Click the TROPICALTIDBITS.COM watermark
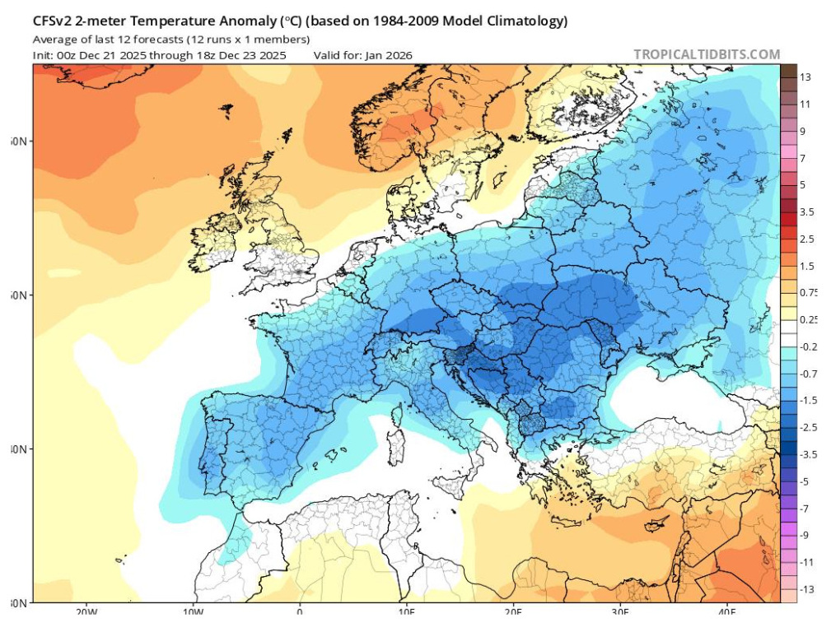(x=707, y=54)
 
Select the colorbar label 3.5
(x=806, y=211)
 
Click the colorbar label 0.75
(x=809, y=292)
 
